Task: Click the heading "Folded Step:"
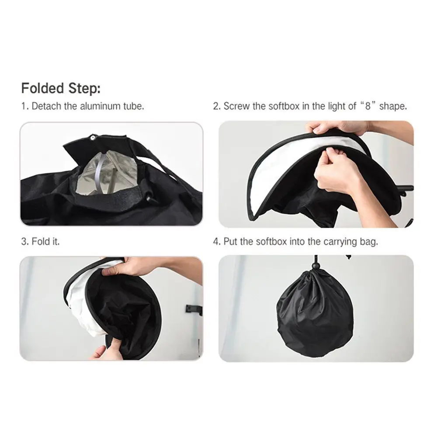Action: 61,88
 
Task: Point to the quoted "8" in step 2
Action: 368,106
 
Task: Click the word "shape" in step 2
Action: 392,107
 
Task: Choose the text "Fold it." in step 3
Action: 46,241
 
